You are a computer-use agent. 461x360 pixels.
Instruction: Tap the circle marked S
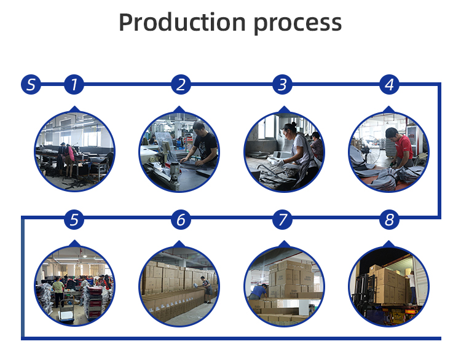pos(31,84)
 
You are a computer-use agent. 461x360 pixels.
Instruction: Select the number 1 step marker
pos(74,84)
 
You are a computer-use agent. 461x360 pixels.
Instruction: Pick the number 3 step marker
pos(282,84)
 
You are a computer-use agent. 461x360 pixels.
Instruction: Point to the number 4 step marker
pos(388,84)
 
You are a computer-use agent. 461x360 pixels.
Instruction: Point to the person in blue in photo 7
pos(259,292)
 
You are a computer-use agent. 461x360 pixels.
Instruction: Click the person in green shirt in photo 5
pos(59,289)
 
